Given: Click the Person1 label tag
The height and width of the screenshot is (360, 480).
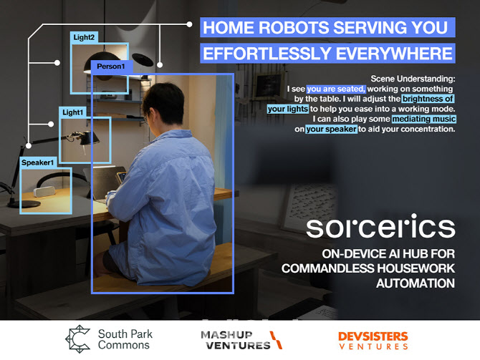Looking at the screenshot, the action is [x=112, y=67].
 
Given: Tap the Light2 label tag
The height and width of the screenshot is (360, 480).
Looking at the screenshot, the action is [x=84, y=37].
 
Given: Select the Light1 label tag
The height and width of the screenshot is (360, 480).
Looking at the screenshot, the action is [x=72, y=112].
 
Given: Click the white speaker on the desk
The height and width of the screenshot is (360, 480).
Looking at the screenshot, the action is [x=44, y=192].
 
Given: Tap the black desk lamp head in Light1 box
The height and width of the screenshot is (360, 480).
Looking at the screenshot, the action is [x=88, y=138].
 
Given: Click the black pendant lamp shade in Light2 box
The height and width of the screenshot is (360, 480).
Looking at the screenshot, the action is [x=102, y=62].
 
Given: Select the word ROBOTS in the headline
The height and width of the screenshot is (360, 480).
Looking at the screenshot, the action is [x=294, y=27].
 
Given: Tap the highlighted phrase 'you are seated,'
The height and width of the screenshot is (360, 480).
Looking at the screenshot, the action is [x=336, y=89].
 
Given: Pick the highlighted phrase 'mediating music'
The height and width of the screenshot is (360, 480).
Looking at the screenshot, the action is [x=423, y=119].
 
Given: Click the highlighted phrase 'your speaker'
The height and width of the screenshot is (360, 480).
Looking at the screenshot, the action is [x=331, y=129].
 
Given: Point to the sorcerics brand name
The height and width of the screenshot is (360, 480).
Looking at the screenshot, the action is [x=380, y=226].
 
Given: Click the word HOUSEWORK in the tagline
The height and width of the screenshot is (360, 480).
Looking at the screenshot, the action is [x=416, y=268].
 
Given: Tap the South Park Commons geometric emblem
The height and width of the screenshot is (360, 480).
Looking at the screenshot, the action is [x=78, y=339].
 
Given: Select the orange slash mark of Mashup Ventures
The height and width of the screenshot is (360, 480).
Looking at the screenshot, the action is [x=276, y=340].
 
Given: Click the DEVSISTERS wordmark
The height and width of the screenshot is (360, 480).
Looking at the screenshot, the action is [x=373, y=337].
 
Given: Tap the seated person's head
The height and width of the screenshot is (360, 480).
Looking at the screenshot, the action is [x=163, y=104].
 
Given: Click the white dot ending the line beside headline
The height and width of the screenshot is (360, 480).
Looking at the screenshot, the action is [x=189, y=24].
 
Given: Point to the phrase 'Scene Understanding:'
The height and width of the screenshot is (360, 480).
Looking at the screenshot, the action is [x=413, y=79].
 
